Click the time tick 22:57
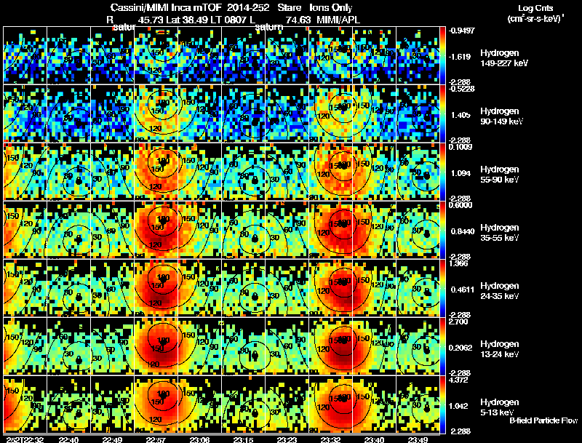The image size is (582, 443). tap(157, 439)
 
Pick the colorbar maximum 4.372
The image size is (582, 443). tap(461, 380)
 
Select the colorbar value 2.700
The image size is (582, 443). tap(461, 322)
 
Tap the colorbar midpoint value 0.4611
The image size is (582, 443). tap(461, 290)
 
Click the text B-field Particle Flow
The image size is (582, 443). tap(543, 420)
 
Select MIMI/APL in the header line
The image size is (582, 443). tap(338, 20)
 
